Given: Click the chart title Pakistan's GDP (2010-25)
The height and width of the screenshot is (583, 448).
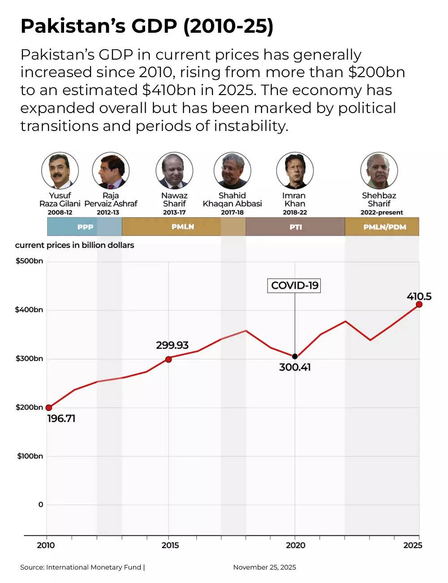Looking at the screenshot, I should (x=147, y=27).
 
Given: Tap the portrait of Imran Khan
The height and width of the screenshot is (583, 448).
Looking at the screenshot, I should (x=294, y=171).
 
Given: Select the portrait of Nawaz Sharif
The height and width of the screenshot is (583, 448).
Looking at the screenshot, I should (x=174, y=171).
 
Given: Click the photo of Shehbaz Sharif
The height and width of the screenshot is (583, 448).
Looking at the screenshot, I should (x=379, y=171).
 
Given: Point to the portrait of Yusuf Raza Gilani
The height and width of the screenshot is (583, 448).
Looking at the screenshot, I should (x=60, y=171).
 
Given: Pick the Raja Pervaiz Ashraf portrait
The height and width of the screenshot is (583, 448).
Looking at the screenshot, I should (x=111, y=171).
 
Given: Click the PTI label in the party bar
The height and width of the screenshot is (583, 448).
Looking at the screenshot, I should (x=295, y=227).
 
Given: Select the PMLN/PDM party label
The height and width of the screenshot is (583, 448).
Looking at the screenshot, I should (x=384, y=227).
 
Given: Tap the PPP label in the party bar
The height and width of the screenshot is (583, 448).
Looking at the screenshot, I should (x=85, y=227).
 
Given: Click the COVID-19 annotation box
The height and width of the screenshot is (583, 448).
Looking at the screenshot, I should (x=294, y=286).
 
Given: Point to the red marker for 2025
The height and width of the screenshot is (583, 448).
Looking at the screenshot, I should (x=419, y=305).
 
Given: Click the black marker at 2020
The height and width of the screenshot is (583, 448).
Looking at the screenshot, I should (x=295, y=357).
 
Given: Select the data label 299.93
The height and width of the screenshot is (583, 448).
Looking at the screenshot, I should (x=172, y=345).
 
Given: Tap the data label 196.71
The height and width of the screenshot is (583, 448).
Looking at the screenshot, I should (x=61, y=418).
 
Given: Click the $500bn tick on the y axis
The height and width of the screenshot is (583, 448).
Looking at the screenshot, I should (x=30, y=261).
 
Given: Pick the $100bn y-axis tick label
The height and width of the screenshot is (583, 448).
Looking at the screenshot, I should (x=30, y=456).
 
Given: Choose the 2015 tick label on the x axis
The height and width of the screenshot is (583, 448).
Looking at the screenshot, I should (x=170, y=545).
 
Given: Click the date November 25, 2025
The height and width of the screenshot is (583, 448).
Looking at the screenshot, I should (x=264, y=567).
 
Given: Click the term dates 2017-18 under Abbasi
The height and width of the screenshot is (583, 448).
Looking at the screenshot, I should (x=232, y=213).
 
